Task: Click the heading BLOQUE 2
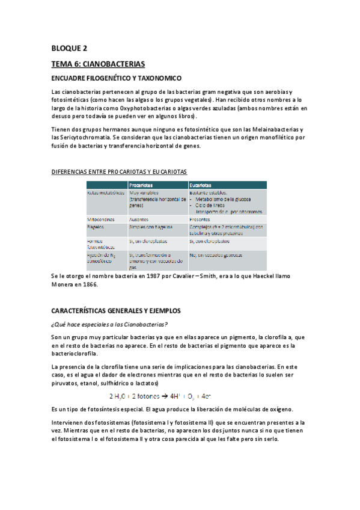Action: tap(69, 49)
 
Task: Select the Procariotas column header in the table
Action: tap(139, 185)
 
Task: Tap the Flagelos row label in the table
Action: tap(97, 227)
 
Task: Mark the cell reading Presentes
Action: tap(201, 220)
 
